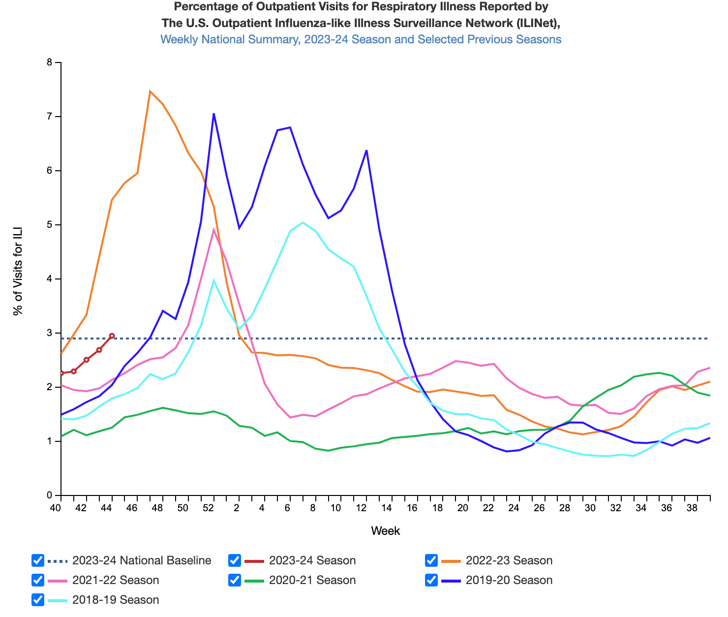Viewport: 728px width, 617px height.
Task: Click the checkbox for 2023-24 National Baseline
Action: (38, 560)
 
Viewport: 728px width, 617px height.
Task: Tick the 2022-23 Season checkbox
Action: (431, 560)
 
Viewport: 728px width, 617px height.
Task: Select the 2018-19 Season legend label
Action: (116, 600)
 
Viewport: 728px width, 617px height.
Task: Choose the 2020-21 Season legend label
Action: (312, 580)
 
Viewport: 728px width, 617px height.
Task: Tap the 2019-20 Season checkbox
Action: (431, 580)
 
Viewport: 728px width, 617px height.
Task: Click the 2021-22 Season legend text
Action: (116, 580)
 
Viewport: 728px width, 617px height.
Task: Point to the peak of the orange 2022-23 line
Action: (150, 91)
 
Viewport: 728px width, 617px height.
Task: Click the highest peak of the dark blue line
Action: (213, 114)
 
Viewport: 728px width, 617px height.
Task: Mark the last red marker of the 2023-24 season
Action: (112, 336)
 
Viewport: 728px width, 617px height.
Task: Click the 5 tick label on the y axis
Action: (49, 225)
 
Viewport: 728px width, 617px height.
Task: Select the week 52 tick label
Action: (209, 508)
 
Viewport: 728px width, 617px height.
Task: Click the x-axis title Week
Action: (385, 531)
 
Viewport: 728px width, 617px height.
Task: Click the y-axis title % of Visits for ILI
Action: (18, 272)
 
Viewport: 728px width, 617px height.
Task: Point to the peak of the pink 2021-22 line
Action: (213, 229)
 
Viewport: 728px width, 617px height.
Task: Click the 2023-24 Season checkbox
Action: (235, 560)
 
